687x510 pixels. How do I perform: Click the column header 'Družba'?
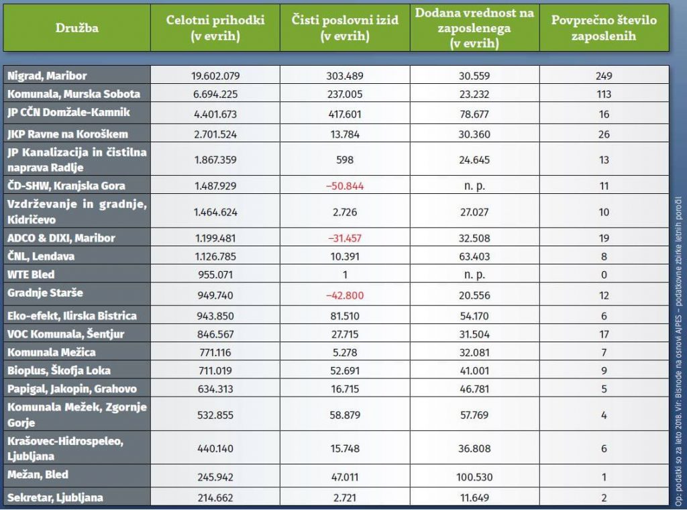point(77,28)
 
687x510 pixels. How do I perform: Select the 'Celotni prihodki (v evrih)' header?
point(215,28)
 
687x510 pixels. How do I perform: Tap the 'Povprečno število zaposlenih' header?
point(604,28)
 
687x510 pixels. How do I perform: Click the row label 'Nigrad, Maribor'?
point(46,76)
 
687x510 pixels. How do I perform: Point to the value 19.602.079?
point(215,76)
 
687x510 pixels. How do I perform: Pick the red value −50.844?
point(345,186)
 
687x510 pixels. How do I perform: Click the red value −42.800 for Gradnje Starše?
point(345,294)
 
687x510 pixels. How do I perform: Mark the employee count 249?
point(604,76)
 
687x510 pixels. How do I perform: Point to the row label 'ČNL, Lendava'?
point(40,256)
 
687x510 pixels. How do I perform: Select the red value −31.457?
point(345,238)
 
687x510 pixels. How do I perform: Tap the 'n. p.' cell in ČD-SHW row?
point(474,186)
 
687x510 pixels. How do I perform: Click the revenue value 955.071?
point(215,273)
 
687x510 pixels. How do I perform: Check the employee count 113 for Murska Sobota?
point(604,94)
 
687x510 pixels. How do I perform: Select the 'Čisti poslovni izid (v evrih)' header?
point(345,28)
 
